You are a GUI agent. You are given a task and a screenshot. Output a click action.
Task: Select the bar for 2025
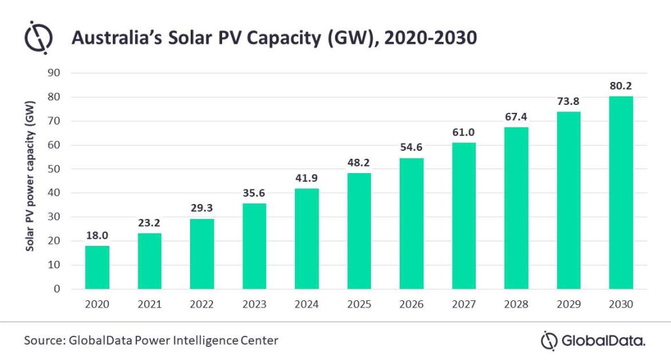coord(359,231)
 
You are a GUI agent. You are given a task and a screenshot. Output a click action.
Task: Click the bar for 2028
coord(516,208)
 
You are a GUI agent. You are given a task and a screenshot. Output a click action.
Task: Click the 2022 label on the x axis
coord(202,304)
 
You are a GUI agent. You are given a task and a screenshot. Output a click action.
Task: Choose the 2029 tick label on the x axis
coord(569,304)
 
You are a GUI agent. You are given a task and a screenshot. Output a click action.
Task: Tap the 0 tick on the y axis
coord(57,289)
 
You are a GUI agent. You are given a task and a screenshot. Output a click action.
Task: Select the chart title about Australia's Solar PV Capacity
coord(274,39)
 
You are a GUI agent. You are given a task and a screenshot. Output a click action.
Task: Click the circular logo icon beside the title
coord(39,38)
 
